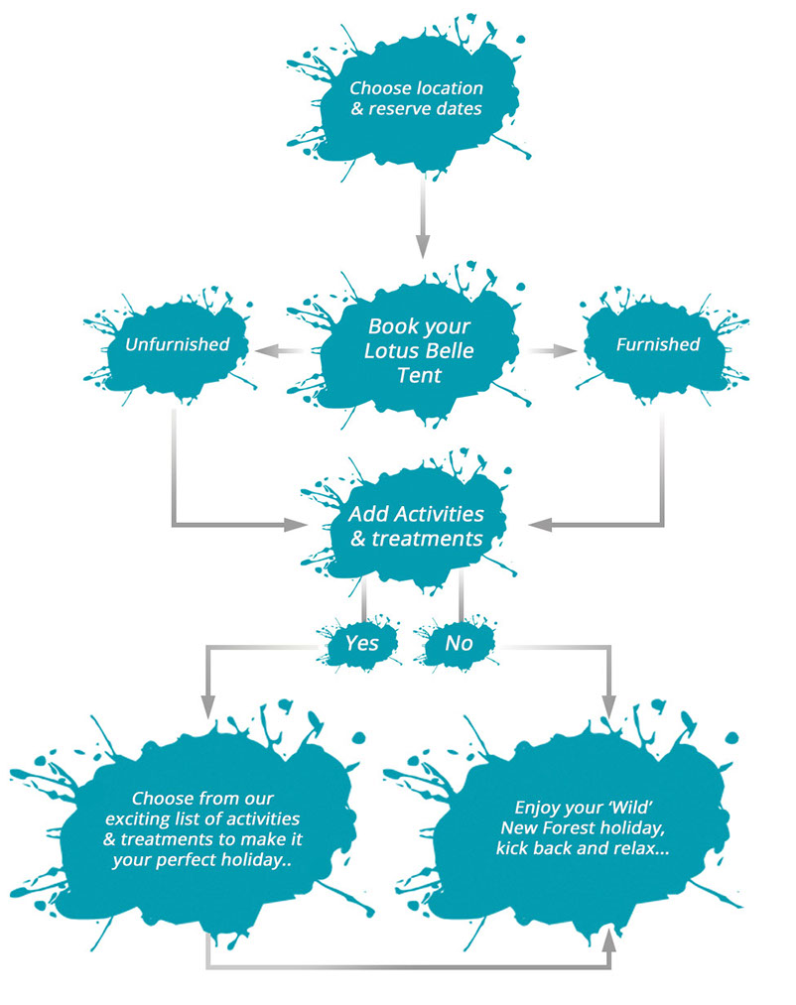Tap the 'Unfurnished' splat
pos(178,345)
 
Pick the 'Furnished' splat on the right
pos(657,345)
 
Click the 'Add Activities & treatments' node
pos(416,526)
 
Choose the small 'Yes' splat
pos(361,643)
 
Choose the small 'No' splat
pos(459,643)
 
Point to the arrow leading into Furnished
pos(556,349)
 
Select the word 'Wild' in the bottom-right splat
pos(624,808)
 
